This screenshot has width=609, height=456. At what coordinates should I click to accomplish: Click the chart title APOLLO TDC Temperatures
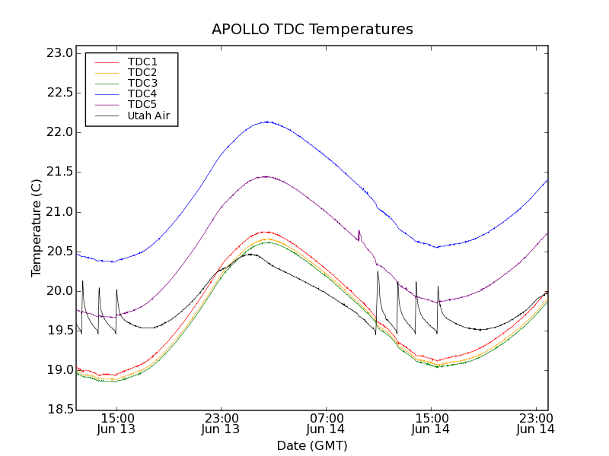point(312,30)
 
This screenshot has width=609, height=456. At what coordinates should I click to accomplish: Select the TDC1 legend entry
point(142,62)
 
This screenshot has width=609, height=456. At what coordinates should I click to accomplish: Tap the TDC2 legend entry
point(142,72)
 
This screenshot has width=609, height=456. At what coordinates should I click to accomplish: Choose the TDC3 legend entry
point(142,83)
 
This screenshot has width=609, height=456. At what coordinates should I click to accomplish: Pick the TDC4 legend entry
point(142,93)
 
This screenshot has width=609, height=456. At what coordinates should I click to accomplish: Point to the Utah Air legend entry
point(148,116)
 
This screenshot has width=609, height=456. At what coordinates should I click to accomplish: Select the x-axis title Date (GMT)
point(312,445)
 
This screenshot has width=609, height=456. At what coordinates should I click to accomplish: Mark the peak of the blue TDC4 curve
point(267,122)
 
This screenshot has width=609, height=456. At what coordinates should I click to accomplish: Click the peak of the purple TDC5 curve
point(265,176)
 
